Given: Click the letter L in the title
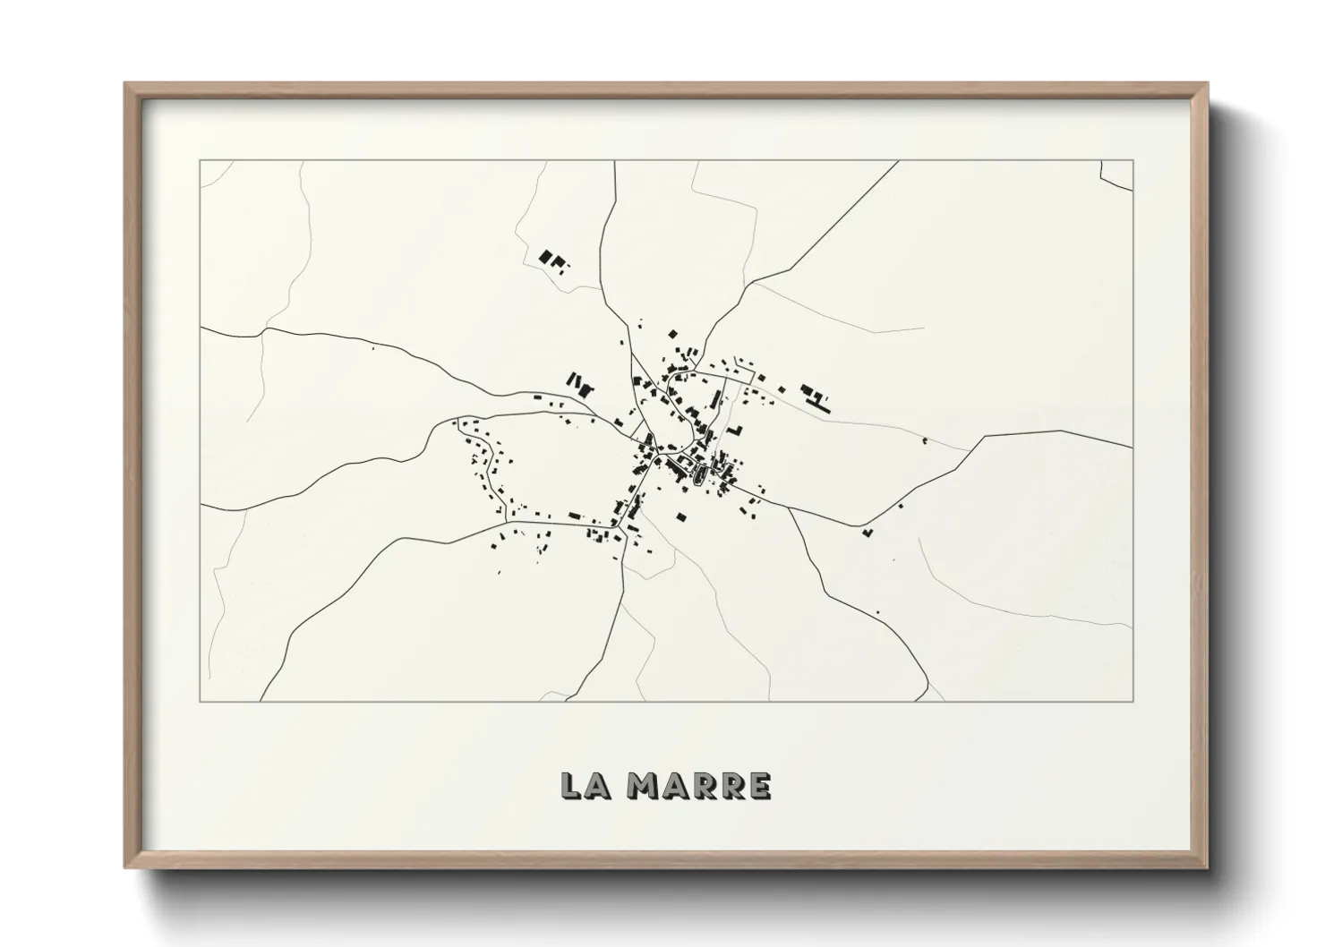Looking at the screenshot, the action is click(x=570, y=785).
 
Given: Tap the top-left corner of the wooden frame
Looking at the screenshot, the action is click(x=125, y=84).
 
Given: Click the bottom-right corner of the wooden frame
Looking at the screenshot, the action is click(x=1207, y=867).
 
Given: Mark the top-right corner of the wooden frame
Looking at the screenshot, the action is click(x=1207, y=84).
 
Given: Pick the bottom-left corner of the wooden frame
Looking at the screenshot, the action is click(x=125, y=867).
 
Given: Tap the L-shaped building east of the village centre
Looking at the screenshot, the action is click(x=736, y=431).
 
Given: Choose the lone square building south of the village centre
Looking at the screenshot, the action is click(x=680, y=516).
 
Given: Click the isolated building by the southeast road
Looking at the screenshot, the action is click(x=866, y=533).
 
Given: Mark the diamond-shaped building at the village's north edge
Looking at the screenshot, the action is click(x=672, y=334).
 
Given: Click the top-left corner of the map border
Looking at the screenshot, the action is click(x=200, y=160).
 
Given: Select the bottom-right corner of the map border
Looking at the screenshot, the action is click(x=1133, y=701).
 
